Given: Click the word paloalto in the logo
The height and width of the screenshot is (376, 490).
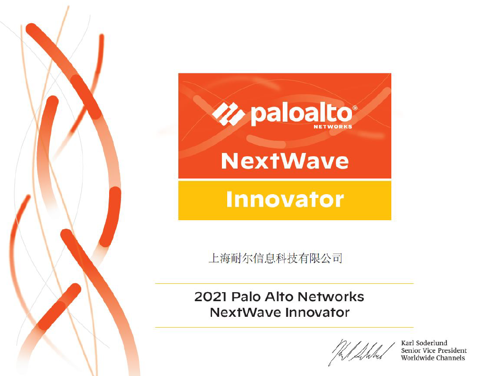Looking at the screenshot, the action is [302, 115].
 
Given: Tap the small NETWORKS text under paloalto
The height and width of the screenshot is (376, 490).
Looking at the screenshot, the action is [333, 127].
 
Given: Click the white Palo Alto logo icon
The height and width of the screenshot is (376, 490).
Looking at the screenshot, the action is [229, 114].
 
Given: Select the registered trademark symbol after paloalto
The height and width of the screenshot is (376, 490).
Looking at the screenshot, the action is [355, 108].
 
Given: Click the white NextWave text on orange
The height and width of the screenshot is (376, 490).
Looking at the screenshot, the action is [285, 161].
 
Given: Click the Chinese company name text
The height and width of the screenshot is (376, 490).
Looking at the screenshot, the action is [275, 259].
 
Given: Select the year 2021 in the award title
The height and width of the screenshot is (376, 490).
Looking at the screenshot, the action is [210, 297].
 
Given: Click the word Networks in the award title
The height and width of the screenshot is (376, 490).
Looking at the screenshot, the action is [331, 297].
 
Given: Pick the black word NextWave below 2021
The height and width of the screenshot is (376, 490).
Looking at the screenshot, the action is [245, 313].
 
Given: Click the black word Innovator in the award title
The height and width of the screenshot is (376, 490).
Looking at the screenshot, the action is [317, 313].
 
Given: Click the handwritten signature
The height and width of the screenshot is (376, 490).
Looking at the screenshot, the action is [361, 352].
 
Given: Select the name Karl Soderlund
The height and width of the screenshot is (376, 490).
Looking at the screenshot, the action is [424, 343].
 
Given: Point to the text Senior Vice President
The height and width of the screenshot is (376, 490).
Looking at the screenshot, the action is [434, 350].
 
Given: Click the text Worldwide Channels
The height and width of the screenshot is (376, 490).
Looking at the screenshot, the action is [433, 358].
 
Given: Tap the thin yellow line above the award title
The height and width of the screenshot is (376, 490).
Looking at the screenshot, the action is [284, 283].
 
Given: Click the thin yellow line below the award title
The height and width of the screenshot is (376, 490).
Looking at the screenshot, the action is [284, 327].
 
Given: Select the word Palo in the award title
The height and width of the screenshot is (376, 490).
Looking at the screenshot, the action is [246, 297].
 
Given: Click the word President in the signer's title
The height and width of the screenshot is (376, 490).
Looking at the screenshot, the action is [452, 350].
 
